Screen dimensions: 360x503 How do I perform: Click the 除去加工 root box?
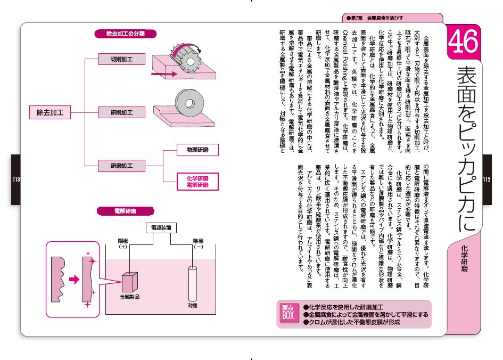tap(50, 112)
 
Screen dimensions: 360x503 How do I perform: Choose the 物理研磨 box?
tap(197, 150)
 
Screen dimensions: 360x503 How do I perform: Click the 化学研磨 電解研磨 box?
tap(197, 181)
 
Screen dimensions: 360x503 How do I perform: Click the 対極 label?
tap(192, 306)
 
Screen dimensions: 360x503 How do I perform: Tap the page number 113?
tap(16, 179)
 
